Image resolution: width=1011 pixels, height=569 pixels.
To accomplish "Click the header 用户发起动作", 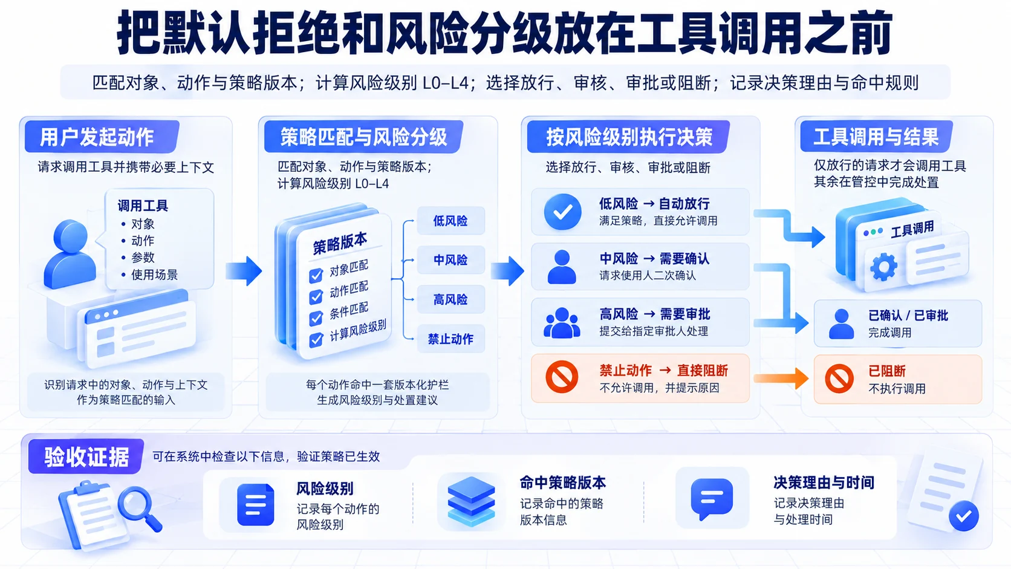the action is pyautogui.click(x=97, y=137).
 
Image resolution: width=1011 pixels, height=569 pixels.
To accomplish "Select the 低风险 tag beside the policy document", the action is pyautogui.click(x=450, y=221).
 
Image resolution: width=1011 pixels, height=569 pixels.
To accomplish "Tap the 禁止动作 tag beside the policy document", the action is pyautogui.click(x=450, y=339).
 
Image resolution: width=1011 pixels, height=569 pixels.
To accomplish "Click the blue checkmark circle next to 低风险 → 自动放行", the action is pyautogui.click(x=562, y=212).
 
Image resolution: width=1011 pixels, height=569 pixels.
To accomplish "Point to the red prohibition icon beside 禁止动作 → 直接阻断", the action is pyautogui.click(x=562, y=377).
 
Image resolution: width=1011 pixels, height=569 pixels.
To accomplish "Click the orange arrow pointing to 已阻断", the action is pyautogui.click(x=781, y=378).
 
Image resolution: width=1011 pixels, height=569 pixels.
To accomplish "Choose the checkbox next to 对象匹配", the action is pyautogui.click(x=316, y=275).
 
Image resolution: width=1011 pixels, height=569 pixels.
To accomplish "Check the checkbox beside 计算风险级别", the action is pyautogui.click(x=316, y=339).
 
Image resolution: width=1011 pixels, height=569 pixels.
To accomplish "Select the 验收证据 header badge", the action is pyautogui.click(x=86, y=456).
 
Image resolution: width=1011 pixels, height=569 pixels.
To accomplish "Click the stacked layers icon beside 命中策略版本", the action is pyautogui.click(x=471, y=501).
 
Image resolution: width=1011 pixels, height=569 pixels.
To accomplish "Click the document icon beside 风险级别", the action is pyautogui.click(x=255, y=504).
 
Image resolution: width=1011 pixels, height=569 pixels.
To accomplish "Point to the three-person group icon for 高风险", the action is pyautogui.click(x=562, y=323).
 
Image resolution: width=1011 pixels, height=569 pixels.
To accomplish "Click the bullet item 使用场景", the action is pyautogui.click(x=154, y=275).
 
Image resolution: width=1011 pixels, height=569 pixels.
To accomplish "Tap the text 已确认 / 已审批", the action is pyautogui.click(x=908, y=316).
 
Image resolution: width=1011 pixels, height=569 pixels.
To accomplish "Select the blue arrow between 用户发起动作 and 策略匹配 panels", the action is pyautogui.click(x=244, y=271).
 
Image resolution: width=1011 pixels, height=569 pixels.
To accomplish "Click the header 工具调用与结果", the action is pyautogui.click(x=876, y=137).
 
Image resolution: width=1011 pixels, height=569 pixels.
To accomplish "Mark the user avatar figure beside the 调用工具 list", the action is pyautogui.click(x=70, y=253).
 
